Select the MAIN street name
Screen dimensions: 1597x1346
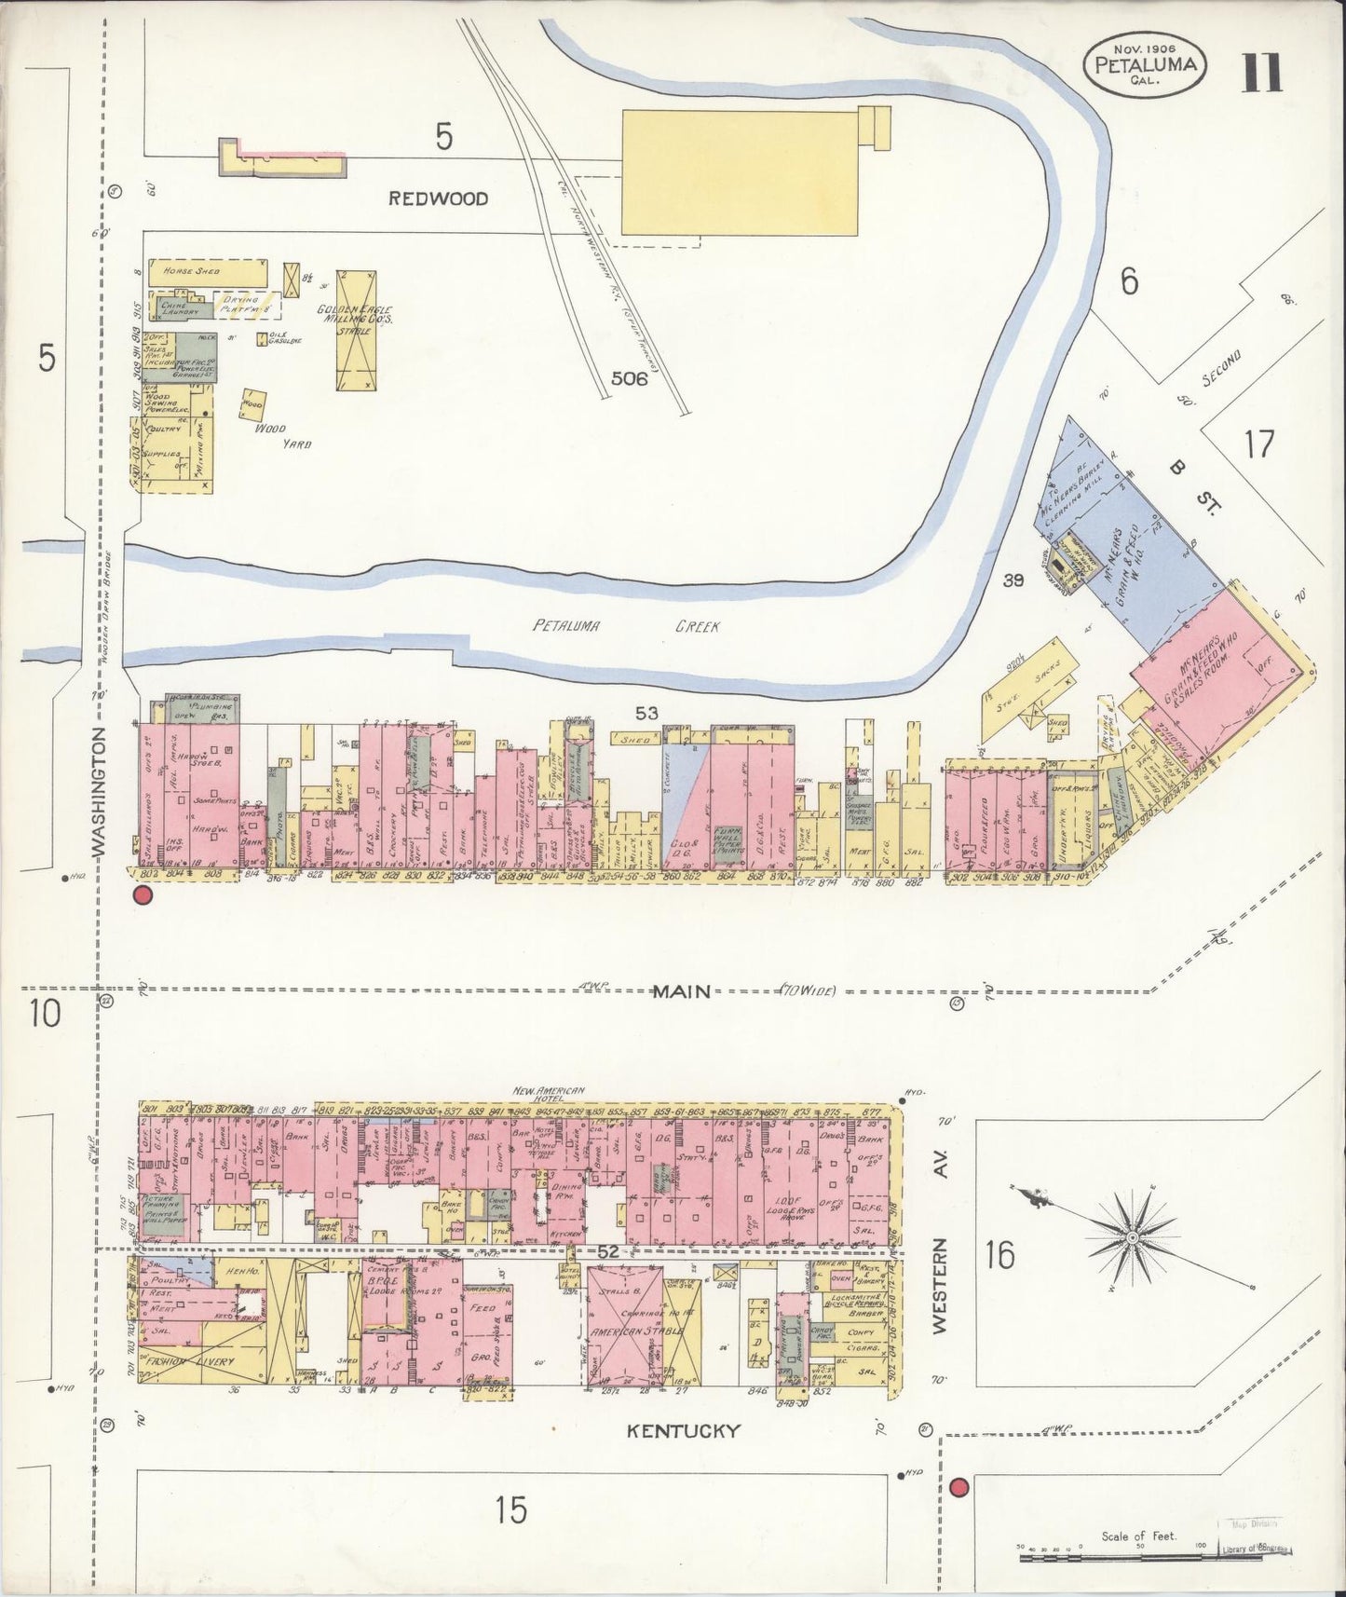point(681,991)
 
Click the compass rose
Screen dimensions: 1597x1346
point(1131,1236)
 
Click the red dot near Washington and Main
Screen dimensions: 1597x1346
point(143,895)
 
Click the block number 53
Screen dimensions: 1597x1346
point(646,714)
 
